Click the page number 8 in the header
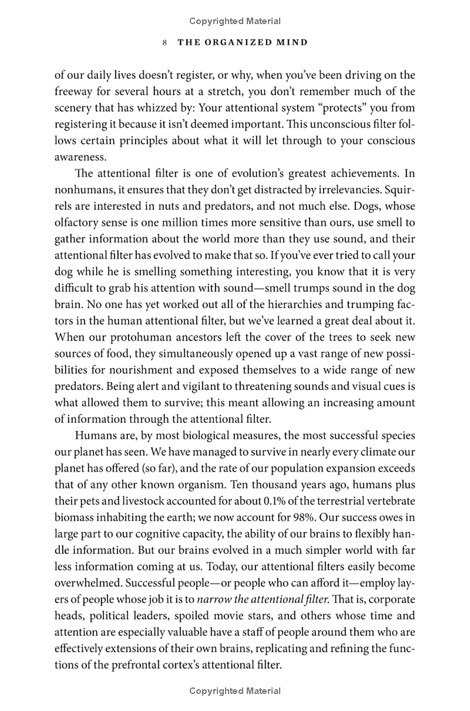click(x=166, y=42)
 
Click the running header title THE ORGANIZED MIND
click(x=241, y=42)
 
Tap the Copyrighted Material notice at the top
click(x=235, y=21)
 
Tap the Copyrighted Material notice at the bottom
click(x=235, y=691)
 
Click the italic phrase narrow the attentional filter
click(x=266, y=600)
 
